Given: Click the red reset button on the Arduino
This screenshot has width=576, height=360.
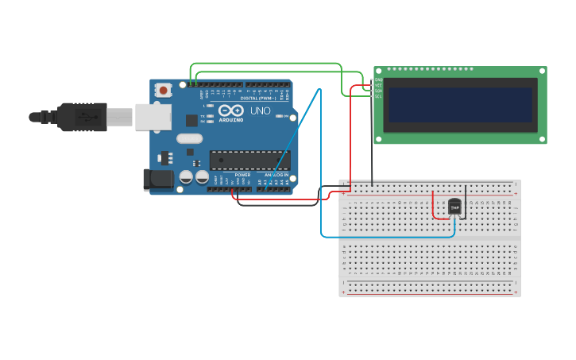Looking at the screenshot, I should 164,90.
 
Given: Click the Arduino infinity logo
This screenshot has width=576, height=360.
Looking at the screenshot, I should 231,110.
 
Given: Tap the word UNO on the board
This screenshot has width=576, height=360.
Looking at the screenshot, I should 260,110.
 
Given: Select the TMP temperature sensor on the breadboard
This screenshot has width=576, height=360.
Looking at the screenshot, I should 454,207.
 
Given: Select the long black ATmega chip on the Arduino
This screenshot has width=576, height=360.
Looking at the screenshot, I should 249,160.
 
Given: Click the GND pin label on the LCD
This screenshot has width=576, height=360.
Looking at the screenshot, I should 378,79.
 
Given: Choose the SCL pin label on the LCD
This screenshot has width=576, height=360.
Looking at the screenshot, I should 378,96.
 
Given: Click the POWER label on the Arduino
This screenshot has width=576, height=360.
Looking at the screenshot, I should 242,175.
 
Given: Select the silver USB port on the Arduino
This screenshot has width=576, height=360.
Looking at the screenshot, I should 153,117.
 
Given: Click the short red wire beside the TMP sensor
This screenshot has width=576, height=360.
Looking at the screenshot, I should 434,206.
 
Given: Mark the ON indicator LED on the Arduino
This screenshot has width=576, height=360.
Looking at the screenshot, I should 279,116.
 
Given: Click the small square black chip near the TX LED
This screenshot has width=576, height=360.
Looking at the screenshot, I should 191,121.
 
